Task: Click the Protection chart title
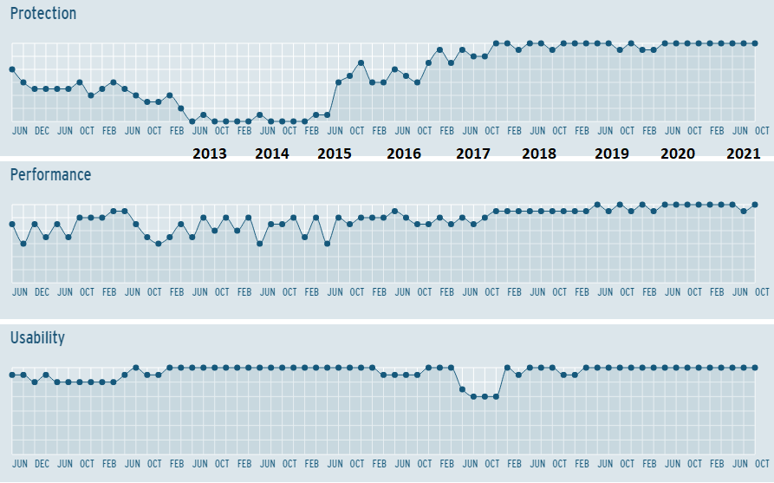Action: pos(43,14)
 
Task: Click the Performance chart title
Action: pos(50,175)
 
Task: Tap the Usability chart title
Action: pos(37,337)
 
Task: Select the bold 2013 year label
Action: pos(209,153)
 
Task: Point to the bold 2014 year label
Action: pos(272,153)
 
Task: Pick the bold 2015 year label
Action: pos(335,153)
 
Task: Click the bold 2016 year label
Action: pos(404,153)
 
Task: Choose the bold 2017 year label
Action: pos(473,153)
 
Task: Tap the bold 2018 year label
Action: pos(539,153)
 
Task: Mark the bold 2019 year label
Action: pos(612,153)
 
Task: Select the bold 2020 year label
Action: pos(678,153)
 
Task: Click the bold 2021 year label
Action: pos(743,153)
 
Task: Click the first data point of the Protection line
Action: pos(12,69)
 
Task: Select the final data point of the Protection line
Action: pos(755,43)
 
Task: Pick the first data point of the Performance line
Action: pos(12,224)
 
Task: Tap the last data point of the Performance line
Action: pos(755,205)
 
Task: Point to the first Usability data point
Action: pos(12,375)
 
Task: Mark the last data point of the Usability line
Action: pos(755,368)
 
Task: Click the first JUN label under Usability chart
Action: pos(20,463)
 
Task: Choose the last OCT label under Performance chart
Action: pos(762,292)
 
